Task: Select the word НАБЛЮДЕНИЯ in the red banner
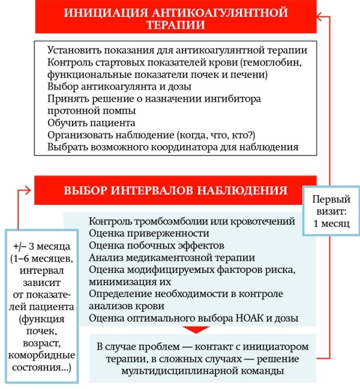(x=244, y=191)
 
